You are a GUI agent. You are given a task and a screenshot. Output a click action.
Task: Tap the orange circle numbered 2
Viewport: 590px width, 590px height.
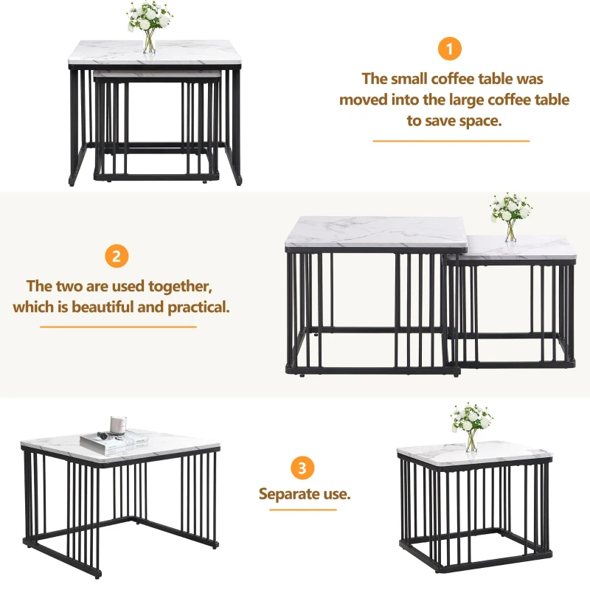[x=116, y=257]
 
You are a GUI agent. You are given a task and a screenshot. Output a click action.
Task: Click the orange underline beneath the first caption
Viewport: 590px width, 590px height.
[x=451, y=140]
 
